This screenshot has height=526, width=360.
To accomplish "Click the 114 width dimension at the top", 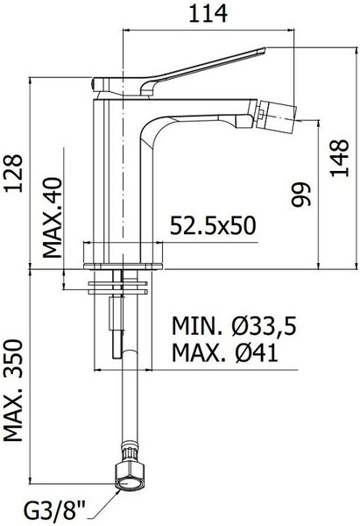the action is [208, 14].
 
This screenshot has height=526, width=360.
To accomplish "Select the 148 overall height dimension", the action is [339, 158].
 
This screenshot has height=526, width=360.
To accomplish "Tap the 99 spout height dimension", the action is [300, 195].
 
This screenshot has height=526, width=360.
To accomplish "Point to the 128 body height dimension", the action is [13, 174].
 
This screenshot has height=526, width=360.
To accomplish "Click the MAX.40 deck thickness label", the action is [53, 217].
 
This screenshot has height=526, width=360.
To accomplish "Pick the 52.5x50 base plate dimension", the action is [213, 225].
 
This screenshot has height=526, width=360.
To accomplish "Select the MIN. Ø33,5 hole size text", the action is [234, 326].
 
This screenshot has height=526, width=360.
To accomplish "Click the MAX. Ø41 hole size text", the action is [225, 352].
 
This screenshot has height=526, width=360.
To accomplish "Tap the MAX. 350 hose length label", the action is [13, 390].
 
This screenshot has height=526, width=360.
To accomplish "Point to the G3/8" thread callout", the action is [55, 513].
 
